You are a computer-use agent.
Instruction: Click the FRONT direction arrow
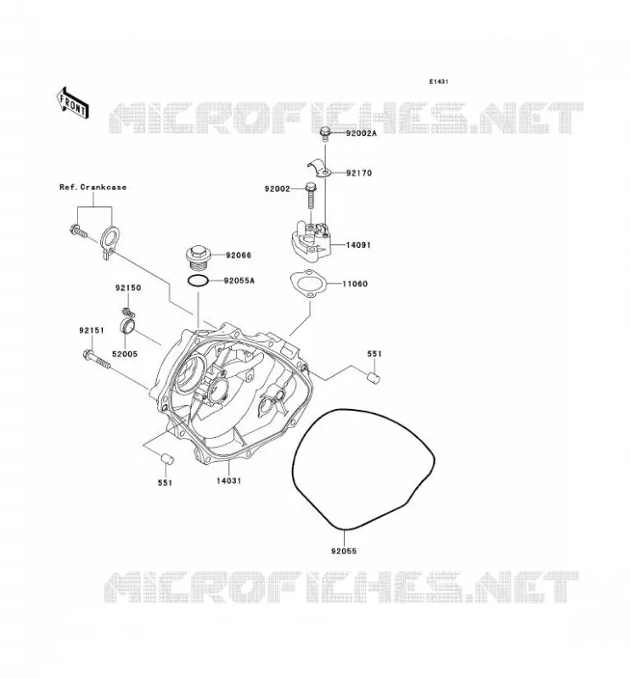(72, 103)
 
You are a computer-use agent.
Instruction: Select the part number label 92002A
(361, 133)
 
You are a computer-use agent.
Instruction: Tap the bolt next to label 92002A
(325, 134)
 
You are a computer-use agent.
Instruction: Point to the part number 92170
(359, 173)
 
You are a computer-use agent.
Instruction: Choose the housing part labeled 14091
(311, 241)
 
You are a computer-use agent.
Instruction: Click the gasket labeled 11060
(307, 284)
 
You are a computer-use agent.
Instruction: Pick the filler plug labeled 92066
(197, 257)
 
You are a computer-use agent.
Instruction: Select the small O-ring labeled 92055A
(198, 281)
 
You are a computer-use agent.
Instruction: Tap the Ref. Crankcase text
(93, 187)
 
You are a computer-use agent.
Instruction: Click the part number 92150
(128, 288)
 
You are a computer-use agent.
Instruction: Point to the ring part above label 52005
(127, 326)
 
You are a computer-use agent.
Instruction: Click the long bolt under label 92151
(96, 360)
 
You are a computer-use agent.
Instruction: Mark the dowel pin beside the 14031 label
(166, 459)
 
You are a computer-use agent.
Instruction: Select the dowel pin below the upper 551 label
(374, 377)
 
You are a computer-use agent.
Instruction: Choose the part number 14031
(229, 480)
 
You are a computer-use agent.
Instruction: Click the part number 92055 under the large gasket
(344, 551)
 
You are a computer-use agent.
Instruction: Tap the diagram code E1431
(438, 81)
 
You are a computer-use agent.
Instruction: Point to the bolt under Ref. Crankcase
(78, 231)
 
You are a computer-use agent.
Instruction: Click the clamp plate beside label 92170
(320, 169)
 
